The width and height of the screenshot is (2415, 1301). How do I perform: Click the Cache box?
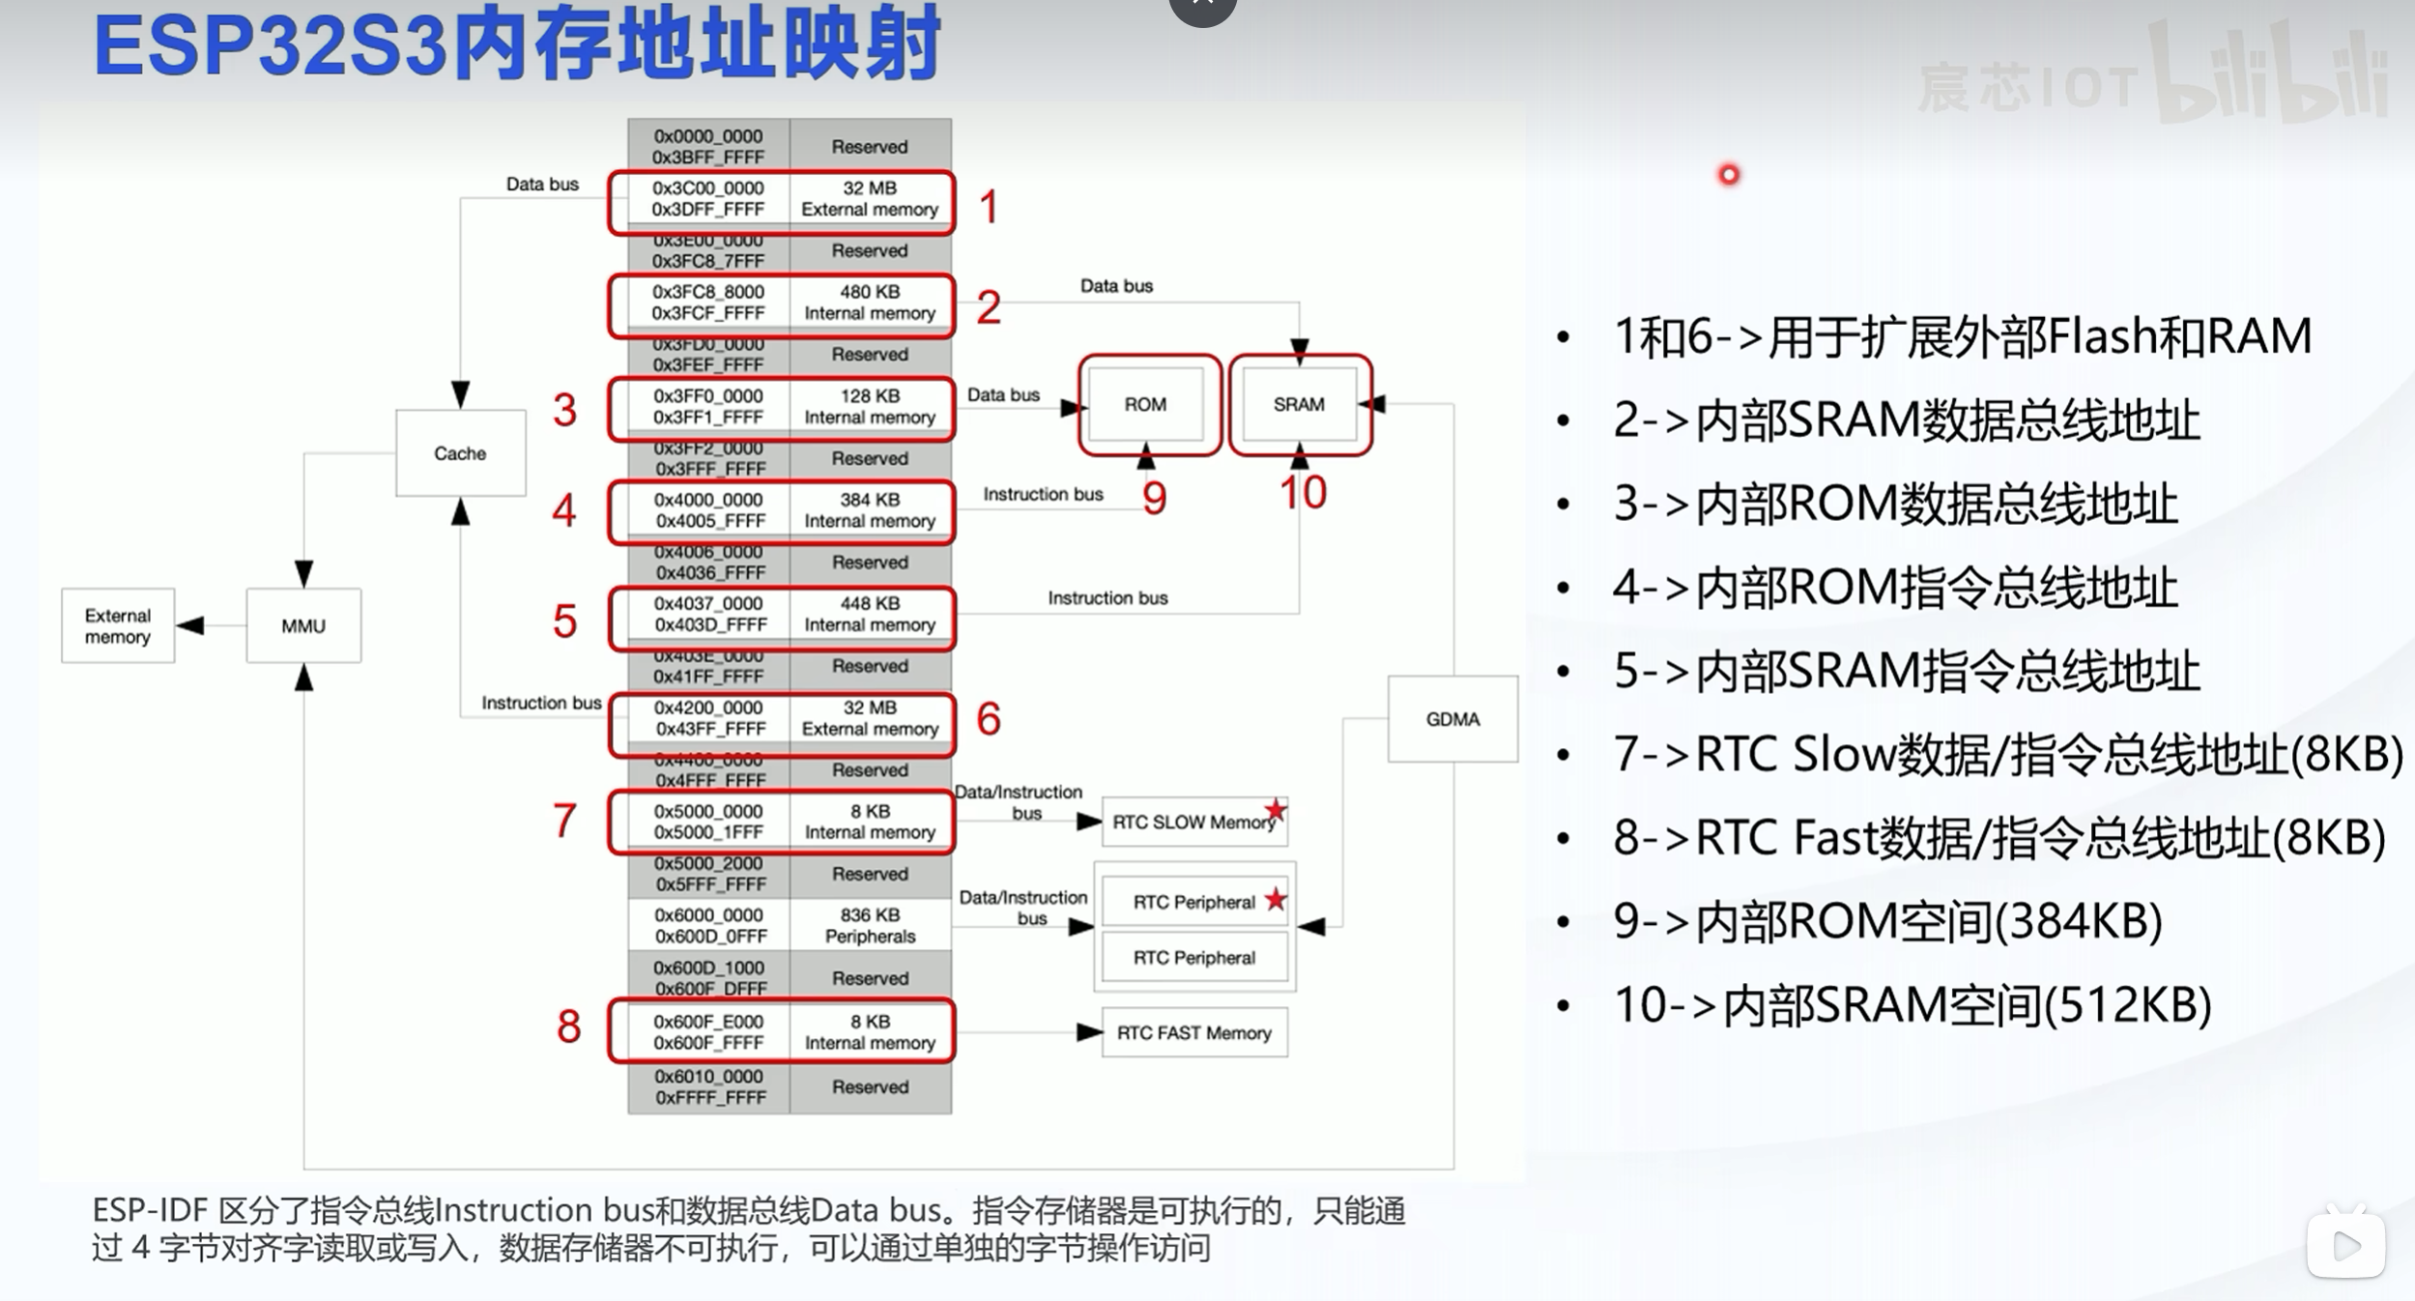tap(460, 453)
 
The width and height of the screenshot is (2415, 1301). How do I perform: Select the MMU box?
tap(303, 626)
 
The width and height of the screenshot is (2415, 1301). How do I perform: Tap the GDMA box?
tap(1452, 719)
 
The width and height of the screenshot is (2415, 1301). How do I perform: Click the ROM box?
tap(1145, 404)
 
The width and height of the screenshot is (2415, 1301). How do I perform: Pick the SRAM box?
tap(1298, 404)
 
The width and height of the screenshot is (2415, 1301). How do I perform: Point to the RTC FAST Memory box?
tap(1193, 1033)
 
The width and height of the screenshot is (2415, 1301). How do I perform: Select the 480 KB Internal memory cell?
tap(870, 303)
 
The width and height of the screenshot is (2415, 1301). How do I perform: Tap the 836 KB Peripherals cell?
tap(870, 925)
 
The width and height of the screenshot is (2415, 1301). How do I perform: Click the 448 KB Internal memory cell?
tap(870, 615)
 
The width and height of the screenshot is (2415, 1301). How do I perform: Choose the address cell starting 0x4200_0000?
tap(708, 718)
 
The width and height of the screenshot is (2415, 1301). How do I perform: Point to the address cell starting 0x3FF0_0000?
tap(708, 407)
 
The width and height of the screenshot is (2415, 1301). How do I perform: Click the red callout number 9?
tap(1155, 498)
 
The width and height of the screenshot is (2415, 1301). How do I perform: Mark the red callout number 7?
tap(565, 821)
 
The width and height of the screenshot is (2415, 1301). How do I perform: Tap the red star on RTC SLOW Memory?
tap(1276, 809)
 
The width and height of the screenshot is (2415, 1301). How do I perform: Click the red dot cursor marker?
tap(1729, 175)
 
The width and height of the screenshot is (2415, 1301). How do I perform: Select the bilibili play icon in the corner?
tap(2345, 1245)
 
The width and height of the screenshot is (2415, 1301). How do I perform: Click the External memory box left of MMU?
tap(118, 626)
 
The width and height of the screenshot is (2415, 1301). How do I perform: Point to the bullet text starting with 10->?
tap(1912, 1005)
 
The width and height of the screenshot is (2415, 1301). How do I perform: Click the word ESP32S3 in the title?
tap(271, 46)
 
